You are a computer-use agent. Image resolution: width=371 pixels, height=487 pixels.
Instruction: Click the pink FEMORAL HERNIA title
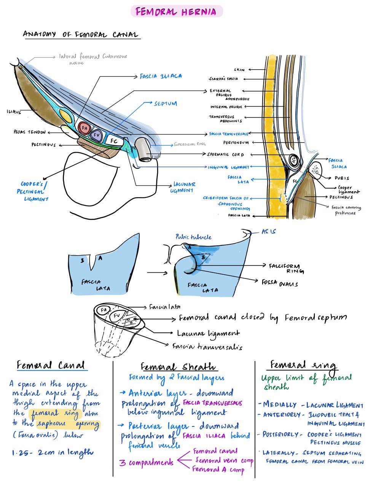[x=176, y=12]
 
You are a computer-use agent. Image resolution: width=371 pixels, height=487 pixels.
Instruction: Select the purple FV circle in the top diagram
[x=96, y=135]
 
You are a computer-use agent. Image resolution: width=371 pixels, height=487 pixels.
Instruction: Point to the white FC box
[x=114, y=141]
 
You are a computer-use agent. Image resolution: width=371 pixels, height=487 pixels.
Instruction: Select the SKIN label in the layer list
[x=239, y=70]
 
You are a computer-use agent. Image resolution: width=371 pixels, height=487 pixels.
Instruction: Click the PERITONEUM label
[x=236, y=143]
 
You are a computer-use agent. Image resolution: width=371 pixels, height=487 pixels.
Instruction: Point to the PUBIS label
[x=342, y=178]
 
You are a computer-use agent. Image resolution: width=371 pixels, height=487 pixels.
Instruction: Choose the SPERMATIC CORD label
[x=226, y=154]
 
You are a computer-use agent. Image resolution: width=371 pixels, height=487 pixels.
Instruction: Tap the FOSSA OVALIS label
[x=280, y=283]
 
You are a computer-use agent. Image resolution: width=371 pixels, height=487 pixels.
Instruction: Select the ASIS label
[x=268, y=231]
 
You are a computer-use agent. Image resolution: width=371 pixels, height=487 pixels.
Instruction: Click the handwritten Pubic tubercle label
[x=193, y=237]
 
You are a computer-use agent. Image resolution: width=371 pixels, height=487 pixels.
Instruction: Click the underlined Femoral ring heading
[x=303, y=365]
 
